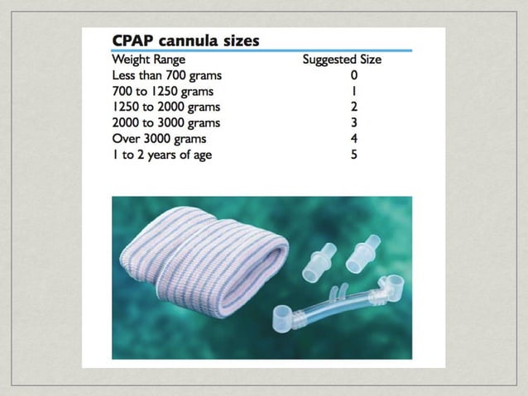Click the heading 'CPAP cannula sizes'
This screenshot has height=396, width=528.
[185, 40]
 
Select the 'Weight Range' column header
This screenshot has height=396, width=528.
[149, 60]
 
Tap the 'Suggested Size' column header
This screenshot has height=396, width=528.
[342, 60]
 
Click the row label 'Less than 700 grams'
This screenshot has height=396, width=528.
[166, 75]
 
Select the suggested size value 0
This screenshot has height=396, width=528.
[354, 75]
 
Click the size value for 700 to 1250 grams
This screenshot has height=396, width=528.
[354, 91]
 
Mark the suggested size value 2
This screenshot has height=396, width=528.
[354, 107]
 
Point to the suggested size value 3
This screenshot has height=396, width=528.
[354, 122]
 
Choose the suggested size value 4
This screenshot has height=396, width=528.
[354, 138]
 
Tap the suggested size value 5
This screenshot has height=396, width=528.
[354, 154]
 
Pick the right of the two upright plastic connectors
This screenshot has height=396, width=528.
[362, 250]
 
